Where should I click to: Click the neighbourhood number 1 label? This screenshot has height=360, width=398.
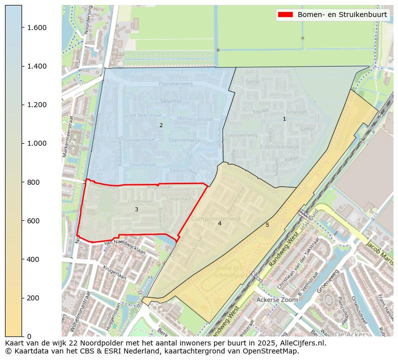click(x=284, y=119)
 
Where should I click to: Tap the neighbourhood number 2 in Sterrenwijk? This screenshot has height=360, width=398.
click(x=161, y=125)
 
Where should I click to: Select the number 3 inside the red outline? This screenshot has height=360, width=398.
click(x=136, y=209)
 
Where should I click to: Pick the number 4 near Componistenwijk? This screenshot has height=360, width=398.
click(x=220, y=223)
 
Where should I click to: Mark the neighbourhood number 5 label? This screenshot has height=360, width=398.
click(x=267, y=225)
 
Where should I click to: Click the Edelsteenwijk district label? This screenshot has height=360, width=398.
click(x=280, y=147)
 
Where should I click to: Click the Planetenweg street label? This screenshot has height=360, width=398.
click(x=175, y=85)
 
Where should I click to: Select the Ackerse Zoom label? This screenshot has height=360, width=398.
click(x=277, y=299)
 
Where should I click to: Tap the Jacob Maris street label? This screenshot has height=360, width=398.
click(x=379, y=250)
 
